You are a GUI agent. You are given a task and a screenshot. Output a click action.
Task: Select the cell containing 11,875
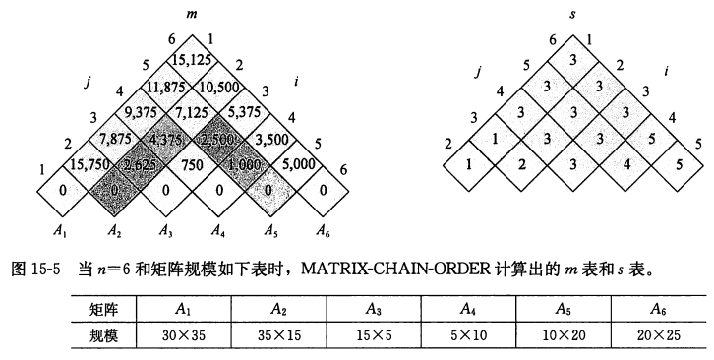coord(166,87)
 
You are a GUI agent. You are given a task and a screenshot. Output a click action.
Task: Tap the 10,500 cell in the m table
coord(218,87)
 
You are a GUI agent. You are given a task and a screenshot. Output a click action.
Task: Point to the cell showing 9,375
coord(141,112)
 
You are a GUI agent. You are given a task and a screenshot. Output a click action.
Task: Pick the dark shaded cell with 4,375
coord(166,139)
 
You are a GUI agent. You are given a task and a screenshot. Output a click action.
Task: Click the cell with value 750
coord(192,165)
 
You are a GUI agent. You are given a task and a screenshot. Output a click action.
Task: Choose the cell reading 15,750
coord(89,165)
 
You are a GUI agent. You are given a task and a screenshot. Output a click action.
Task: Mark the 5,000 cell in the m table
coord(296,165)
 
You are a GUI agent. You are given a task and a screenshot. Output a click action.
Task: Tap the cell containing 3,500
coord(270,139)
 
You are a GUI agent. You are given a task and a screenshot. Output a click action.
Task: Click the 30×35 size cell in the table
coord(184,335)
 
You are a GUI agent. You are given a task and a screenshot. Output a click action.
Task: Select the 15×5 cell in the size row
coord(374,335)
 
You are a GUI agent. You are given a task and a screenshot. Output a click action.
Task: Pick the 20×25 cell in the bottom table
coord(659,335)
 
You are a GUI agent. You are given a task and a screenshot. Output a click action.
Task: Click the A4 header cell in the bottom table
coord(468,310)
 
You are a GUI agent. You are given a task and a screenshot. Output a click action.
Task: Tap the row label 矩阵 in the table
coord(103,310)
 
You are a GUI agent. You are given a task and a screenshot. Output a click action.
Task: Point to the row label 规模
coord(103,335)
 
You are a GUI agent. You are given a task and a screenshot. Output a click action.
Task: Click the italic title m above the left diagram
coord(192,14)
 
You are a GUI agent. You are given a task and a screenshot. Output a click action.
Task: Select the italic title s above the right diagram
coord(572,14)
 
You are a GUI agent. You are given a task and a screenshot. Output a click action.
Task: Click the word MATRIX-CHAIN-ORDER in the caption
coord(394,269)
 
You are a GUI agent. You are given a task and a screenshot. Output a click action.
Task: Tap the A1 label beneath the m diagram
coord(60,231)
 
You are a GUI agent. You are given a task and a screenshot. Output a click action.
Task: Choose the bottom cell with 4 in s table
coord(626,165)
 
